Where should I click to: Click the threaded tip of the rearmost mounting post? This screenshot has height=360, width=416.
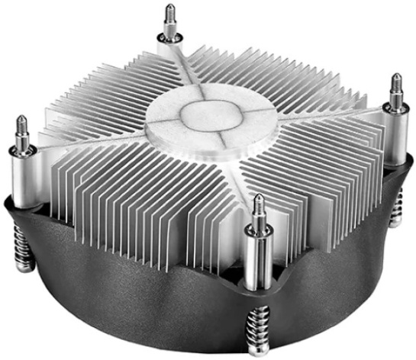coord(169,13)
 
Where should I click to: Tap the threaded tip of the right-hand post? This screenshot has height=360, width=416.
coord(398,83)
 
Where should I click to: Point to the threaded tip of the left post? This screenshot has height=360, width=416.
coord(21,127)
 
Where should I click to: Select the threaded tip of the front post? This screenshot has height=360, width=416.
coord(259,205)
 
